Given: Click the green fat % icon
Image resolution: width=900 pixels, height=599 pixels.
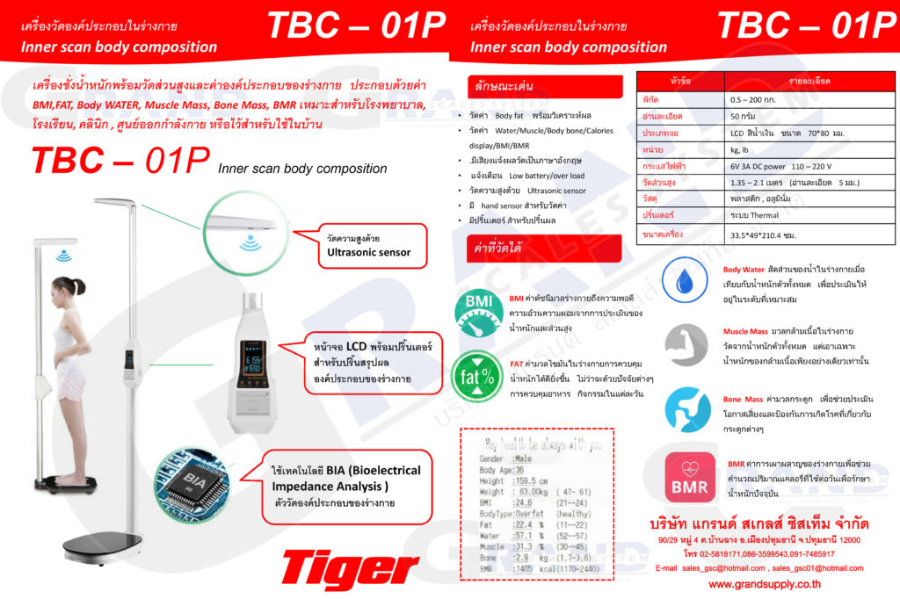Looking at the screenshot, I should pyautogui.click(x=475, y=375).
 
